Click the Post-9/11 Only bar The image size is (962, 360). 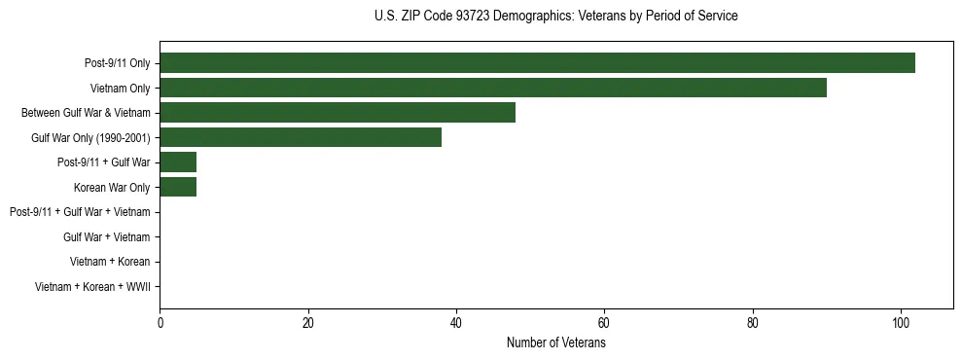537,63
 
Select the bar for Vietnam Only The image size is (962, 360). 493,88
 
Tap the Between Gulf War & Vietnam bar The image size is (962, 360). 338,113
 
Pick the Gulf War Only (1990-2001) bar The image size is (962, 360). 301,137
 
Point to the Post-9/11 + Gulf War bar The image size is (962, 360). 178,162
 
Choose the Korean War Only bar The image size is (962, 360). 178,187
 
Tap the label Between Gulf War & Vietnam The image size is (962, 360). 86,113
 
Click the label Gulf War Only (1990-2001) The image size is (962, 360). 90,138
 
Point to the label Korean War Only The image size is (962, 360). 112,188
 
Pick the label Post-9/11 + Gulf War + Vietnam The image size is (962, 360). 80,212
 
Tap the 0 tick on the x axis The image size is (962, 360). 160,324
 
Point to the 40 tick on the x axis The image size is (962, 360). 456,324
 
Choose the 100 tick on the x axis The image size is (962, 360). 901,324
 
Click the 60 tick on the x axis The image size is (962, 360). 604,324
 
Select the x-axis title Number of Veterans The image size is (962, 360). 555,343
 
